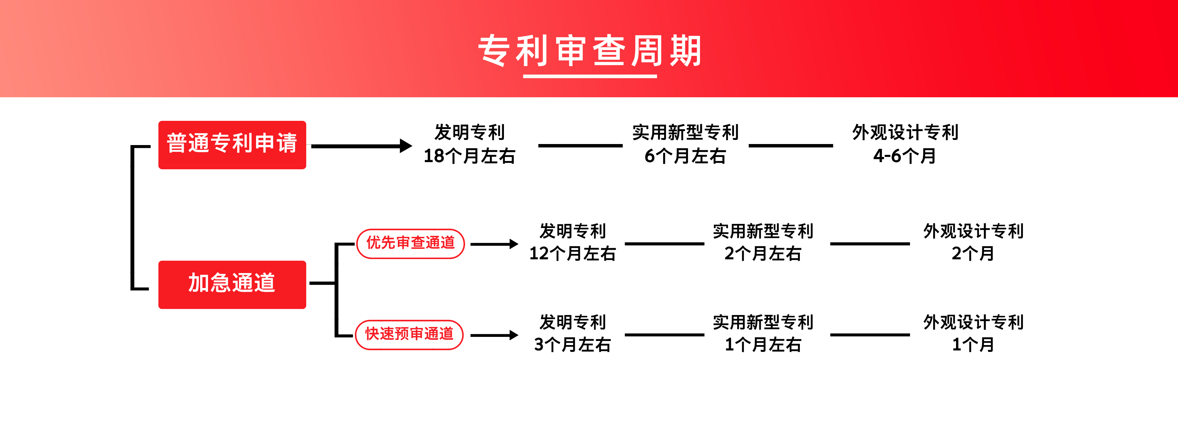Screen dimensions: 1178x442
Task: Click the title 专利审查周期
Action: click(590, 50)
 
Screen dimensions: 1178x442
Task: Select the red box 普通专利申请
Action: click(232, 145)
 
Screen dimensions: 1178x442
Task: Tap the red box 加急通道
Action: click(232, 285)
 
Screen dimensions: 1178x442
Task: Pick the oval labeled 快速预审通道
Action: click(409, 335)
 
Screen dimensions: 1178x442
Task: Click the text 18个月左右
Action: click(469, 156)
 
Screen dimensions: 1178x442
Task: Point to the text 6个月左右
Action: click(685, 156)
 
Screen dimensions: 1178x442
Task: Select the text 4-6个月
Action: click(905, 156)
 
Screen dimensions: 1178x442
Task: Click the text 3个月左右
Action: click(572, 344)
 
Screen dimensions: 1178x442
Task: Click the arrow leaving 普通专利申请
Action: click(362, 146)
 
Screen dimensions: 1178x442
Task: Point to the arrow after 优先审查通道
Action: click(494, 244)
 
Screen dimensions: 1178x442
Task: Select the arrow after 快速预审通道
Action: click(494, 336)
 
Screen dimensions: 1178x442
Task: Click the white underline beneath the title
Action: click(590, 76)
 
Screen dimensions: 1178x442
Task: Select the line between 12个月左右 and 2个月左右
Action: click(665, 244)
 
